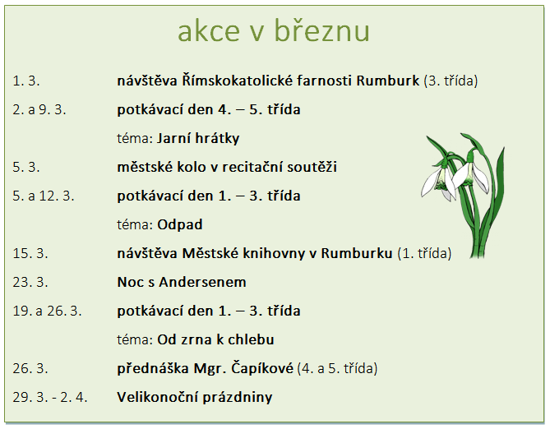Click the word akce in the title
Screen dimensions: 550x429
(209, 31)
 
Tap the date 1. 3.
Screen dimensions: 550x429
(26, 81)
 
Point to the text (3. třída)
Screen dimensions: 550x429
(451, 81)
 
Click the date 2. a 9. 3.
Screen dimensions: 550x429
(39, 109)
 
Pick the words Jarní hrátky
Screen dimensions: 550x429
(198, 138)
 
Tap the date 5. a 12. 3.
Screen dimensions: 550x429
(44, 196)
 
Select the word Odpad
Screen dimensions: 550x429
(180, 224)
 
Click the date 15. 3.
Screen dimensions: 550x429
(30, 253)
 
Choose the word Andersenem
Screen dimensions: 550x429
(203, 282)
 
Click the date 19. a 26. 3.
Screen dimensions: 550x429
(47, 311)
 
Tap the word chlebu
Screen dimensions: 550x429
(251, 339)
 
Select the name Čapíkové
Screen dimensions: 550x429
(262, 368)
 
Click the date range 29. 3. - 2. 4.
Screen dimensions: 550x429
(50, 397)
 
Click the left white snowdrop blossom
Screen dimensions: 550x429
(438, 182)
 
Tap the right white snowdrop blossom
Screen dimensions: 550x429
(471, 175)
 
